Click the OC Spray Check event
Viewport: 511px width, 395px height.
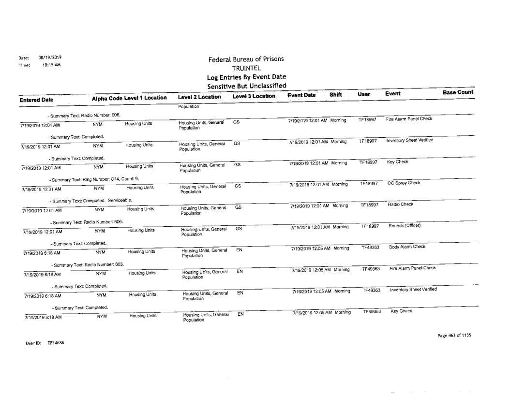tap(405, 184)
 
